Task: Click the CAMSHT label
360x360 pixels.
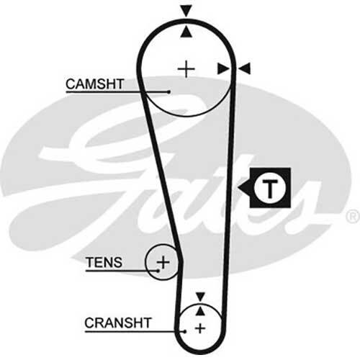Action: point(95,84)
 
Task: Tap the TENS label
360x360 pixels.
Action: point(104,262)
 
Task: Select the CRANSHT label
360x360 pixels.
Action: point(118,323)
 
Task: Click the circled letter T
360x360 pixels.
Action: point(270,188)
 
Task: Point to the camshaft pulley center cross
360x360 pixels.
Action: point(186,69)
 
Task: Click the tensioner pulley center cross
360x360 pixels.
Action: point(163,262)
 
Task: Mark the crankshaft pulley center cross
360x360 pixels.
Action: point(200,328)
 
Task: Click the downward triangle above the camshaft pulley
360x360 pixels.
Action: point(186,11)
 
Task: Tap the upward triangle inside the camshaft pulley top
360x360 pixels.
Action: point(186,32)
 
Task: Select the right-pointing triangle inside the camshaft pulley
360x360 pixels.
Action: point(222,69)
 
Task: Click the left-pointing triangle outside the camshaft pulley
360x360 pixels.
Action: point(244,68)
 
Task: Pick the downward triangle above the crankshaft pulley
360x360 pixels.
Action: point(200,297)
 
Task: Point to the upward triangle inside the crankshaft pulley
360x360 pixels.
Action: point(200,311)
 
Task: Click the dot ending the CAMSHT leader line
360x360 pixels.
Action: point(168,91)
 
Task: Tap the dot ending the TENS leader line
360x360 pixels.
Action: point(158,271)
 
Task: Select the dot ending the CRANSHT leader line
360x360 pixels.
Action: point(185,332)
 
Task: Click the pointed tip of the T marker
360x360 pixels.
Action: point(238,188)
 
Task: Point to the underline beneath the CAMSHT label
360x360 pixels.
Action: point(117,91)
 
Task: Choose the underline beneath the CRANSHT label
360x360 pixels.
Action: point(135,332)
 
